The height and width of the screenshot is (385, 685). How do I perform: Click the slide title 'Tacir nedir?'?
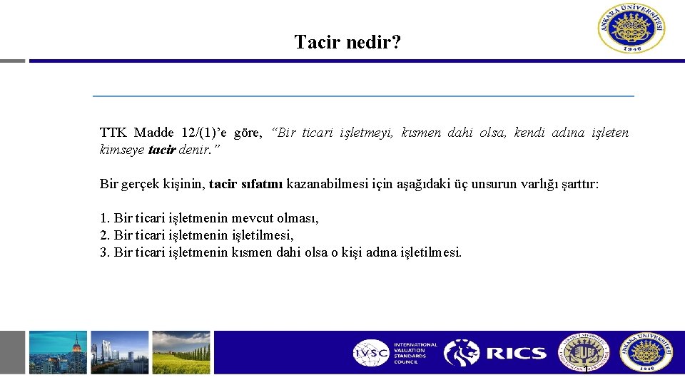pyautogui.click(x=347, y=42)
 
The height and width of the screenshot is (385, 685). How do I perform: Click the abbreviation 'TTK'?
pyautogui.click(x=113, y=133)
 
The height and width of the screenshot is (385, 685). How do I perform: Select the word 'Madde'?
pyautogui.click(x=155, y=133)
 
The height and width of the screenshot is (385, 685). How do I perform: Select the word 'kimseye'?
pyautogui.click(x=123, y=150)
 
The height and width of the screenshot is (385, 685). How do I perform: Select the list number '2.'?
pyautogui.click(x=105, y=235)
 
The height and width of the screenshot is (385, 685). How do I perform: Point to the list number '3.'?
pyautogui.click(x=105, y=252)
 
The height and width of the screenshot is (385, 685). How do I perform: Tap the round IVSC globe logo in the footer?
pyautogui.click(x=371, y=353)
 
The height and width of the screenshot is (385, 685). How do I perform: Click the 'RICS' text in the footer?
pyautogui.click(x=517, y=353)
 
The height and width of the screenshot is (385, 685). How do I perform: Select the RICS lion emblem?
pyautogui.click(x=462, y=353)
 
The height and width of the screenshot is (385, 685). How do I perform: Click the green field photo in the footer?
pyautogui.click(x=182, y=352)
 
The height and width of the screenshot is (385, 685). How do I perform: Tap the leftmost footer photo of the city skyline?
pyautogui.click(x=58, y=352)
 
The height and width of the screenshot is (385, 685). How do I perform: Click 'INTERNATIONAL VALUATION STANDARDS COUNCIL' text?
pyautogui.click(x=415, y=353)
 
